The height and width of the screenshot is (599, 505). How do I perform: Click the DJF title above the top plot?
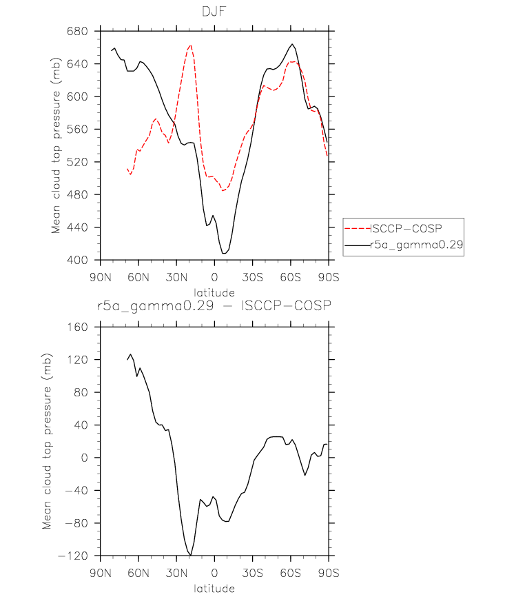click(214, 12)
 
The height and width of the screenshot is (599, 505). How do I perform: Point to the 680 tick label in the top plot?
click(77, 31)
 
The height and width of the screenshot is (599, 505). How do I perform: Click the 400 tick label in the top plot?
click(77, 260)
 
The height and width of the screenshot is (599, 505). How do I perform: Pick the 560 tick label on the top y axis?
click(77, 129)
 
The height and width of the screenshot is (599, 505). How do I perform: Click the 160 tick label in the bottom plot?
click(77, 327)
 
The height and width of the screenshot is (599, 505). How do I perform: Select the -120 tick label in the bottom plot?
click(73, 556)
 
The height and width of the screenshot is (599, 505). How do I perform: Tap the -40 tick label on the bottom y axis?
click(76, 490)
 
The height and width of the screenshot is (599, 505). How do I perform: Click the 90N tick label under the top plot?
click(101, 277)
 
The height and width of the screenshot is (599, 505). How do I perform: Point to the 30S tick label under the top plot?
click(252, 277)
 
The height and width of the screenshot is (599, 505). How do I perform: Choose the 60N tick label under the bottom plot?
click(138, 573)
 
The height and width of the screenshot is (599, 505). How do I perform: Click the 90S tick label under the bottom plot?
click(329, 573)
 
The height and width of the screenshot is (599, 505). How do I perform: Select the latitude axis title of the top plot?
click(214, 293)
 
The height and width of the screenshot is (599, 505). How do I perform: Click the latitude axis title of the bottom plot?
click(214, 588)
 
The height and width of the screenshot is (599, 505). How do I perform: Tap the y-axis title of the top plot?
click(56, 145)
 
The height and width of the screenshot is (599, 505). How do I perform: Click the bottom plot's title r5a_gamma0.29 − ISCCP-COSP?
click(214, 306)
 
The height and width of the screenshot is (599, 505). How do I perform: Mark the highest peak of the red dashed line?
click(190, 45)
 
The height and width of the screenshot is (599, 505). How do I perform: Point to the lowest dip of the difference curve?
click(190, 555)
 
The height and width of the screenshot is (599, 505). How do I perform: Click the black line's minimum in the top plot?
click(224, 253)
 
